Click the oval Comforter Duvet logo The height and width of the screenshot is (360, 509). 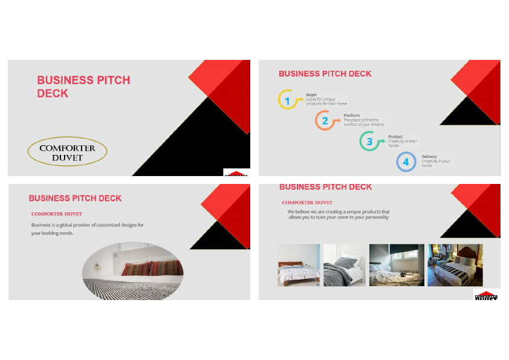(67, 152)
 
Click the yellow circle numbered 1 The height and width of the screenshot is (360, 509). (287, 100)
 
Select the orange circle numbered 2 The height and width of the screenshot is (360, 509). (325, 120)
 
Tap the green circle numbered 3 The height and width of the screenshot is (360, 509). (369, 142)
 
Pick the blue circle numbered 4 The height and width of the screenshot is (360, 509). (406, 162)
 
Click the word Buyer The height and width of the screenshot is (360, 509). (311, 95)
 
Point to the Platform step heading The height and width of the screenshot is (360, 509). (352, 115)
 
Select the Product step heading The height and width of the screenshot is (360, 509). (395, 137)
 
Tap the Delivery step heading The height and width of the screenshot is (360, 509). (429, 157)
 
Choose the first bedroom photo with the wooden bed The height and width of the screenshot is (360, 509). (298, 265)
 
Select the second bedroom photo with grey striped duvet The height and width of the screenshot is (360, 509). (345, 265)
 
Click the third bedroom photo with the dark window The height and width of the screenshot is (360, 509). (396, 265)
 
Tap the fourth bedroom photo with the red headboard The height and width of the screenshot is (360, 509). (455, 265)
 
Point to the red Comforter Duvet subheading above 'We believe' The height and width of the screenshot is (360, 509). (307, 203)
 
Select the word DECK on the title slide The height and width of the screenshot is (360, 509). (53, 94)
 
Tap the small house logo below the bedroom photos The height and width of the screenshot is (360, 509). (486, 295)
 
